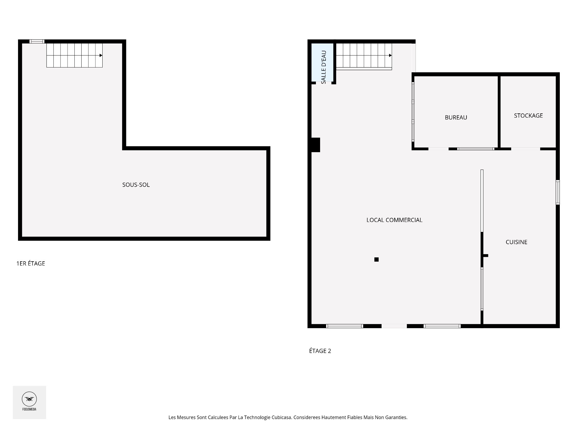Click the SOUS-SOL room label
coord(136,185)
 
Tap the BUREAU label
coord(456,118)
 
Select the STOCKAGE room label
coord(528,115)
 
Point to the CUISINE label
coord(516,242)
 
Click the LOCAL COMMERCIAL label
coord(394,220)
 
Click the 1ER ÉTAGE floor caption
coord(31,263)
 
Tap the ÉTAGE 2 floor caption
coord(320,351)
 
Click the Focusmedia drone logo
coord(29,399)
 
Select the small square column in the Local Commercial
coord(376,259)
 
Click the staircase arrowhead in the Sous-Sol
coord(101,55)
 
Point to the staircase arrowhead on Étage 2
coord(390,55)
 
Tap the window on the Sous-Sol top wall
coord(37,41)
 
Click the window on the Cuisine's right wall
coord(558,192)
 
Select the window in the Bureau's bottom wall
coord(475,149)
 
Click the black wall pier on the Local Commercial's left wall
coord(316,145)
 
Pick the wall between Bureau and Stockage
coord(499,112)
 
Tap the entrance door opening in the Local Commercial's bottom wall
coord(394,326)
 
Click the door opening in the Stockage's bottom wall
coord(526,149)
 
